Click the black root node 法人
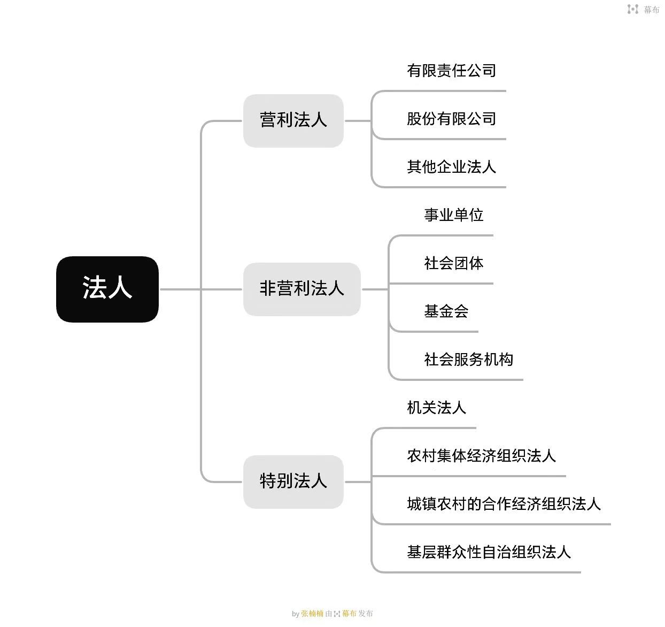pyautogui.click(x=107, y=289)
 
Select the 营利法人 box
pyautogui.click(x=293, y=121)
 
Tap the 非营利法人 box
pyautogui.click(x=301, y=289)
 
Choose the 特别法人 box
pyautogui.click(x=293, y=481)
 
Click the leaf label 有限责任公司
pyautogui.click(x=451, y=71)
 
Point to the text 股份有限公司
pyautogui.click(x=451, y=119)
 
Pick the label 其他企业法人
pyautogui.click(x=451, y=167)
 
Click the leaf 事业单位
pyautogui.click(x=454, y=215)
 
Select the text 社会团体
pyautogui.click(x=454, y=263)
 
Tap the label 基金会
pyautogui.click(x=446, y=311)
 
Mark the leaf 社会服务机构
pyautogui.click(x=468, y=360)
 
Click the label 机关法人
pyautogui.click(x=437, y=408)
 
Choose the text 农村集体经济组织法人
pyautogui.click(x=482, y=456)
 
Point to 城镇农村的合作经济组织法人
pyautogui.click(x=504, y=503)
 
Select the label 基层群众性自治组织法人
pyautogui.click(x=489, y=552)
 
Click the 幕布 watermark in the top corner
pyautogui.click(x=651, y=10)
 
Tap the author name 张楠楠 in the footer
pyautogui.click(x=312, y=613)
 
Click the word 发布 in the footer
pyautogui.click(x=365, y=613)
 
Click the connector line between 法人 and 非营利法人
pyautogui.click(x=201, y=289)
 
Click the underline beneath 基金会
pyautogui.click(x=434, y=332)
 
